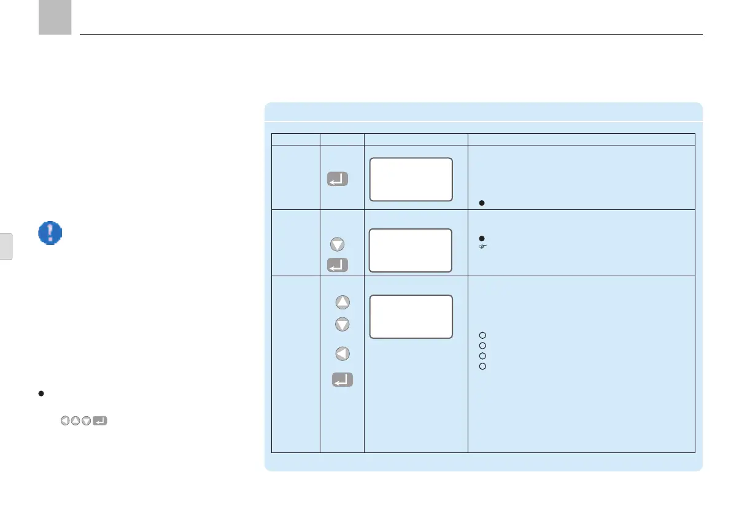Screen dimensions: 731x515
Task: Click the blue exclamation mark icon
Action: [x=50, y=234]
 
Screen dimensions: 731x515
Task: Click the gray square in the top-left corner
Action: [x=55, y=17]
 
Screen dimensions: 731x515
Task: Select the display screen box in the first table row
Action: [x=411, y=179]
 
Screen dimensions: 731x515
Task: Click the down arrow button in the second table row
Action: [x=337, y=244]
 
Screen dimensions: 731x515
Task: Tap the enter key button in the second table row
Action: [x=337, y=265]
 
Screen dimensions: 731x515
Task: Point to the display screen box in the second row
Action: [x=411, y=250]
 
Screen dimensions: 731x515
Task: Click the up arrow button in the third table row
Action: [x=342, y=302]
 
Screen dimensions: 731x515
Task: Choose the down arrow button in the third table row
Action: [x=342, y=323]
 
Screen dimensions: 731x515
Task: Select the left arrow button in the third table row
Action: [x=342, y=354]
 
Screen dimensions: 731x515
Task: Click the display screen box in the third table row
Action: [x=411, y=316]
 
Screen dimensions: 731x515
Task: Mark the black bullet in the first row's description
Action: [x=482, y=203]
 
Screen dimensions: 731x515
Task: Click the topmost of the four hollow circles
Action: [x=482, y=335]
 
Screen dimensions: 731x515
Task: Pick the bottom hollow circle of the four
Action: [x=482, y=366]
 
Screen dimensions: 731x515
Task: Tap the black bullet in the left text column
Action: [x=41, y=393]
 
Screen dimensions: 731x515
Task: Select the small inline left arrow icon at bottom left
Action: [x=64, y=421]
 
